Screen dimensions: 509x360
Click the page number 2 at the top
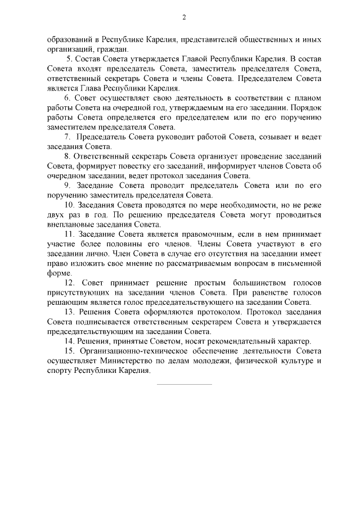[x=183, y=17]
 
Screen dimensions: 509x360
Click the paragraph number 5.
[x=69, y=59]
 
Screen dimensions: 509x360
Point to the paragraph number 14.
[x=70, y=341]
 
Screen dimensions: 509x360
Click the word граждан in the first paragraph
[x=87, y=49]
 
